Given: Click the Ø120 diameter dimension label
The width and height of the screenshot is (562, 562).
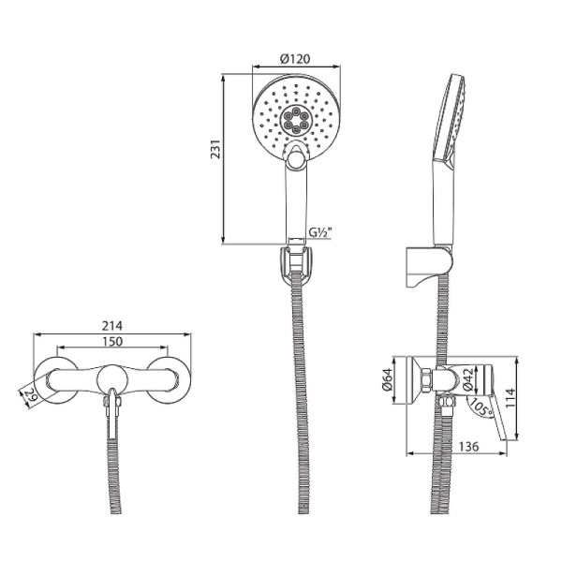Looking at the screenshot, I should point(295,58).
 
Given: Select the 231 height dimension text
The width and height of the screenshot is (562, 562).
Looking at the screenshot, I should point(214,150).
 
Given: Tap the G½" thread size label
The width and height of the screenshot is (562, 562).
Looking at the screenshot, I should point(324,233).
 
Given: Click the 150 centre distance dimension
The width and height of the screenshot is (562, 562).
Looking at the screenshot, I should point(112,343).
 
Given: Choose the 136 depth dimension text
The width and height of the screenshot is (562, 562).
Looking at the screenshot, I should point(468,447).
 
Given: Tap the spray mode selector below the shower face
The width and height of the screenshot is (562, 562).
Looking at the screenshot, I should point(296,159).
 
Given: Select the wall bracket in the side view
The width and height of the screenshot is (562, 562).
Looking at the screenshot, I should point(419,266).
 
